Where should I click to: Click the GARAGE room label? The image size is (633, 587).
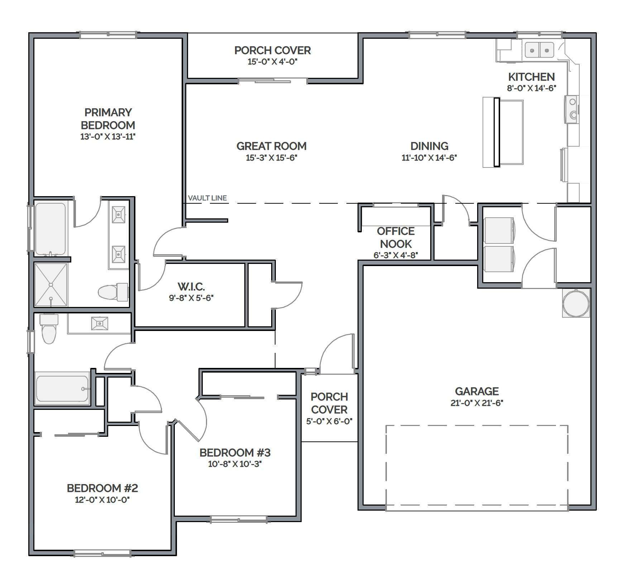pyautogui.click(x=477, y=391)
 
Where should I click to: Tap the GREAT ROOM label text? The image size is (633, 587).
pyautogui.click(x=272, y=146)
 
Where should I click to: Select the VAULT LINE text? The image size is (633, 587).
pyautogui.click(x=207, y=198)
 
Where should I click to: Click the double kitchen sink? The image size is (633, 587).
pyautogui.click(x=539, y=50)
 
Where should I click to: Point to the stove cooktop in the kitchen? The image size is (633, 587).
pyautogui.click(x=572, y=109)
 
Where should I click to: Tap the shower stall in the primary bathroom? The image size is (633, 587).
pyautogui.click(x=51, y=285)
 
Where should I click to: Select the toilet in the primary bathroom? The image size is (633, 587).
pyautogui.click(x=113, y=292)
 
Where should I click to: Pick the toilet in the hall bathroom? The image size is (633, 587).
pyautogui.click(x=48, y=328)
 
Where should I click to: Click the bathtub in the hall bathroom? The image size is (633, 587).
pyautogui.click(x=62, y=388)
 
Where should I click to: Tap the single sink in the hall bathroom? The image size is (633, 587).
pyautogui.click(x=100, y=323)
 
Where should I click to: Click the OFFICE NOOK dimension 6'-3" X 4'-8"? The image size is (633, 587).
pyautogui.click(x=396, y=255)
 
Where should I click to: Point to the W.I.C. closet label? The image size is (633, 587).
pyautogui.click(x=191, y=287)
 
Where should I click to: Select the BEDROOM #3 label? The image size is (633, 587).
pyautogui.click(x=235, y=453)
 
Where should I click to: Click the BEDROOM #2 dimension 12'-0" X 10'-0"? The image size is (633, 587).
pyautogui.click(x=102, y=500)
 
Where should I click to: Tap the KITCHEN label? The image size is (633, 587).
pyautogui.click(x=532, y=77)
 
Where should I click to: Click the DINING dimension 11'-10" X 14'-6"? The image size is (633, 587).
pyautogui.click(x=429, y=158)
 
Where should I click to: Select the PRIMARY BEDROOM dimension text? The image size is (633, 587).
pyautogui.click(x=108, y=137)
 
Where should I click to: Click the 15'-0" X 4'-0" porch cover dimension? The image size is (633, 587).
pyautogui.click(x=273, y=62)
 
